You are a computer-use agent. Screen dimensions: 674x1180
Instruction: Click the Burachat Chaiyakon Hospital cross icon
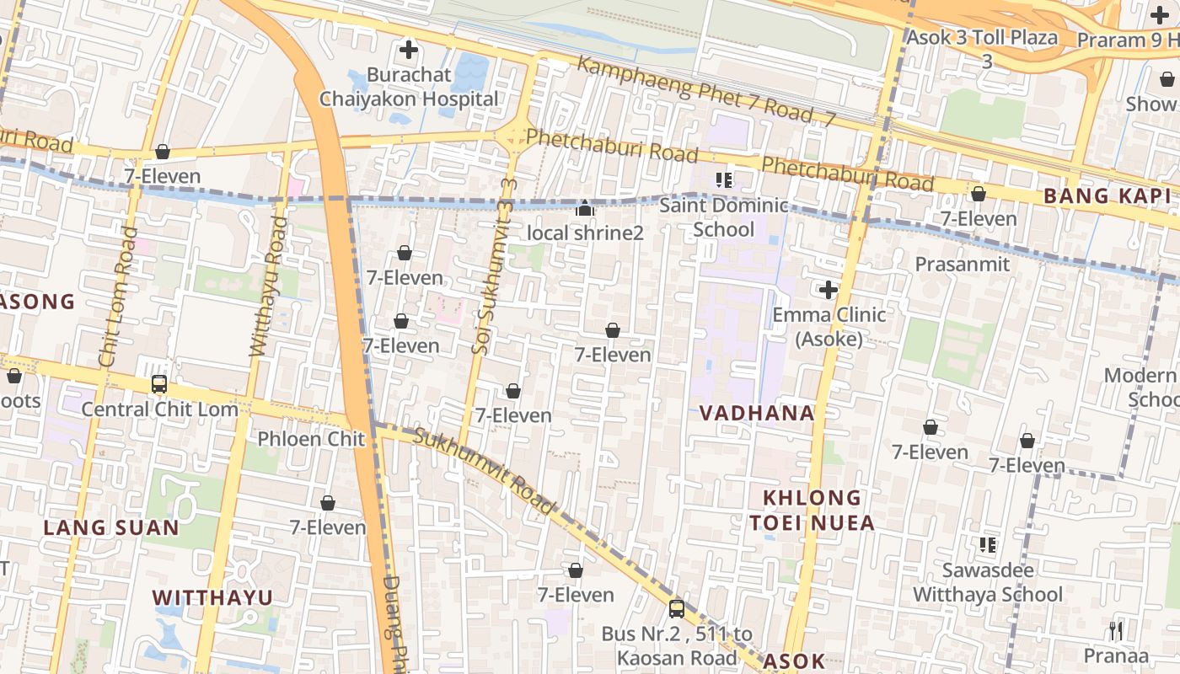point(409,50)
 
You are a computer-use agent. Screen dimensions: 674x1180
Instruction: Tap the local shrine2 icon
point(585,207)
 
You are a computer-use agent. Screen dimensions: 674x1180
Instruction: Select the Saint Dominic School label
point(723,217)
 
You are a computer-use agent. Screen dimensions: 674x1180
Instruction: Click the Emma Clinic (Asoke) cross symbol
point(829,290)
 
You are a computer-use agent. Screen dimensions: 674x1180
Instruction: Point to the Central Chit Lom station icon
point(159,384)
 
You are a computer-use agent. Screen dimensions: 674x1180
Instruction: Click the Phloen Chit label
point(311,439)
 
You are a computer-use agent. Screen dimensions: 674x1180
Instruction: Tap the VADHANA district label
point(757,413)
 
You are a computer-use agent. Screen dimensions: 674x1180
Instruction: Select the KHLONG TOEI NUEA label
point(813,510)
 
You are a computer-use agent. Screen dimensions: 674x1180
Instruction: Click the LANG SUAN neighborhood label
point(111,528)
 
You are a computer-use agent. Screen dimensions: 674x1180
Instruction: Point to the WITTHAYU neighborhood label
point(212,597)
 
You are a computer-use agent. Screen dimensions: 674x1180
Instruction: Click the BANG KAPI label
point(1107,196)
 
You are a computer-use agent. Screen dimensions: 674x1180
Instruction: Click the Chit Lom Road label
point(117,297)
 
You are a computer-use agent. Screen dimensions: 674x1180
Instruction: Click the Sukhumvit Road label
point(485,471)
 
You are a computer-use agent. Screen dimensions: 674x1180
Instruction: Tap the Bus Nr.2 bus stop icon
point(676,608)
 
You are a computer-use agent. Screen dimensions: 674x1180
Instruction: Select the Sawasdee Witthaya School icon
point(987,545)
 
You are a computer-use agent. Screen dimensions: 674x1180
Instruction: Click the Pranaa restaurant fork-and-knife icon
point(1115,630)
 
